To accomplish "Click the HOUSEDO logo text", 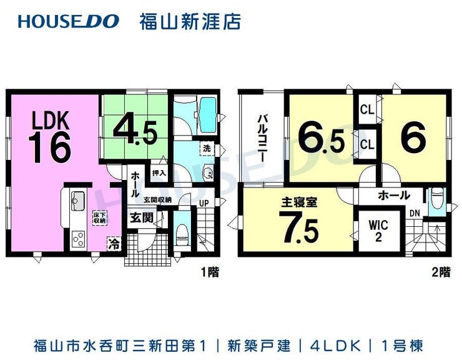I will click(x=69, y=21).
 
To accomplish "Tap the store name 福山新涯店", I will click(x=189, y=21).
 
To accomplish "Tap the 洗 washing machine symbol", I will click(x=206, y=149).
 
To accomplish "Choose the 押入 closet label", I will click(x=159, y=172).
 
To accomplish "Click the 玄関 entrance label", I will click(x=140, y=218).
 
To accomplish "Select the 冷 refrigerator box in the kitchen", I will click(x=114, y=242).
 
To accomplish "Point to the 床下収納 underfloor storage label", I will click(x=99, y=217).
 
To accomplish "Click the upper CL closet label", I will click(x=367, y=109).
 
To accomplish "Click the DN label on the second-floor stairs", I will click(x=414, y=214).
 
